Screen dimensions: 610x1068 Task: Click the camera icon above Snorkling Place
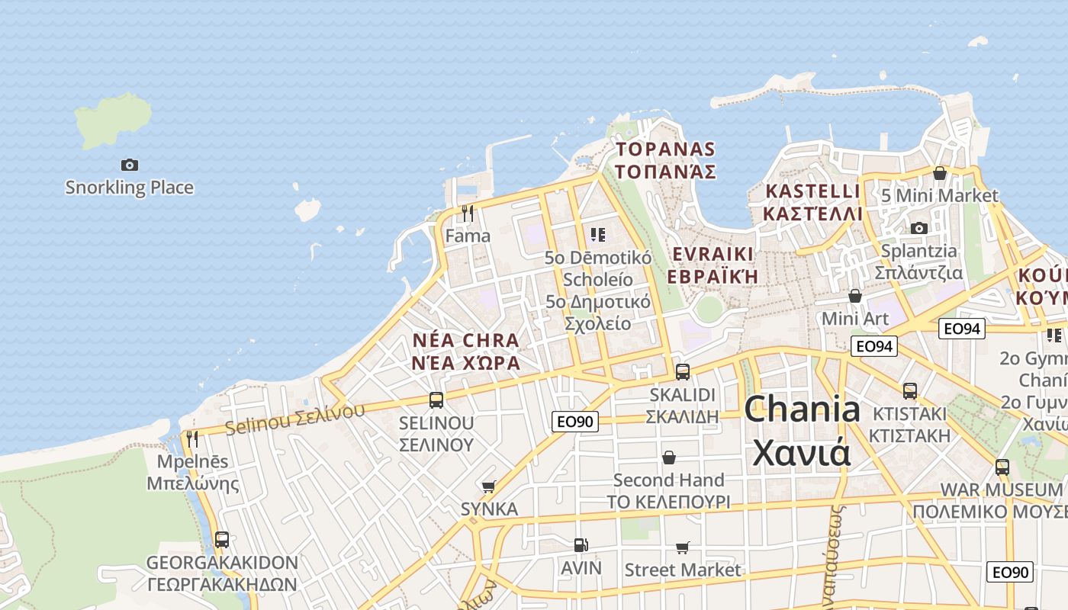tap(130, 165)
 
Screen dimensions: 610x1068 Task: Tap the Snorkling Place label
tap(130, 188)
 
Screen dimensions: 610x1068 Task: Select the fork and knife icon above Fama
tap(468, 213)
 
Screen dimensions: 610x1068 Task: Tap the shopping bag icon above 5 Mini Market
tap(939, 173)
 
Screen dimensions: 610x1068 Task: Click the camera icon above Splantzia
tap(918, 228)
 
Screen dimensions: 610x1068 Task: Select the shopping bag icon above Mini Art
tap(855, 295)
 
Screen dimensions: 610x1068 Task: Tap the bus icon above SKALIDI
tap(683, 371)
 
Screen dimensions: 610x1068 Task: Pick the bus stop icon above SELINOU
tap(436, 400)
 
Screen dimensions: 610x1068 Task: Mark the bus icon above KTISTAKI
tap(909, 391)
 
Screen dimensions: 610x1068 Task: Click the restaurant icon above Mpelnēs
tap(191, 438)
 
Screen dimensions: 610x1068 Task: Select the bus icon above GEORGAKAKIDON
tap(221, 540)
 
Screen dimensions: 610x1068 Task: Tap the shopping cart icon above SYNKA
tap(489, 486)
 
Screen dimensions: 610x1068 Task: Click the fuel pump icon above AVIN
tap(581, 545)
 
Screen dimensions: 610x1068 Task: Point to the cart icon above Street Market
tap(682, 547)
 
